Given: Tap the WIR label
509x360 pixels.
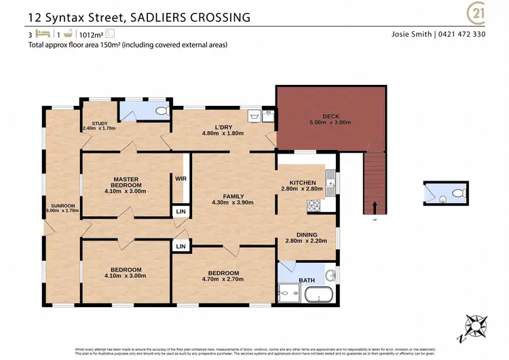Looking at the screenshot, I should (181, 179).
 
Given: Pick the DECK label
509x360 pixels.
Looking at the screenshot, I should (331, 116).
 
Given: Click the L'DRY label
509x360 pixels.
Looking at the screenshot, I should (224, 126).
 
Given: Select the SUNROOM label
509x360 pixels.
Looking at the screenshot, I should (62, 206).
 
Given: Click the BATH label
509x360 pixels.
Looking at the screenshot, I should (307, 280).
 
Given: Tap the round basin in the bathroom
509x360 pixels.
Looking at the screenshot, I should (330, 275).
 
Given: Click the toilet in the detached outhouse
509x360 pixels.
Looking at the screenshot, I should (457, 194).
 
